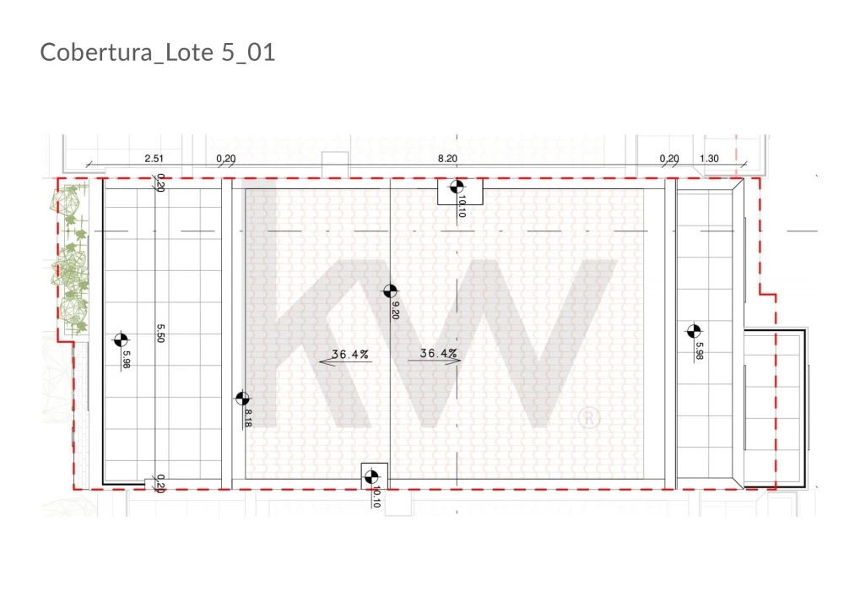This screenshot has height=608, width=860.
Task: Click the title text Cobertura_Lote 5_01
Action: click(158, 52)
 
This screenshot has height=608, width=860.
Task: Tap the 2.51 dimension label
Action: click(154, 159)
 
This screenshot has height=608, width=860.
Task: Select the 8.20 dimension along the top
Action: click(447, 159)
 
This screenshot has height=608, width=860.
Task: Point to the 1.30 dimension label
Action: click(709, 159)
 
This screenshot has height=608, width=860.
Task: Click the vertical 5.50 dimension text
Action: click(160, 333)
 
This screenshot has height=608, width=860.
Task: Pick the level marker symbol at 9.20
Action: click(390, 290)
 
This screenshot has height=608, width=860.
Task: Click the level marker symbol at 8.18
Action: click(242, 399)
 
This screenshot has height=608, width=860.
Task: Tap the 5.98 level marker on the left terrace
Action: click(121, 340)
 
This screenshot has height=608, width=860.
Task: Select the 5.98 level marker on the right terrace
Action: click(694, 331)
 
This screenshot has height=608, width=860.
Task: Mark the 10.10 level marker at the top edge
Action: click(457, 187)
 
